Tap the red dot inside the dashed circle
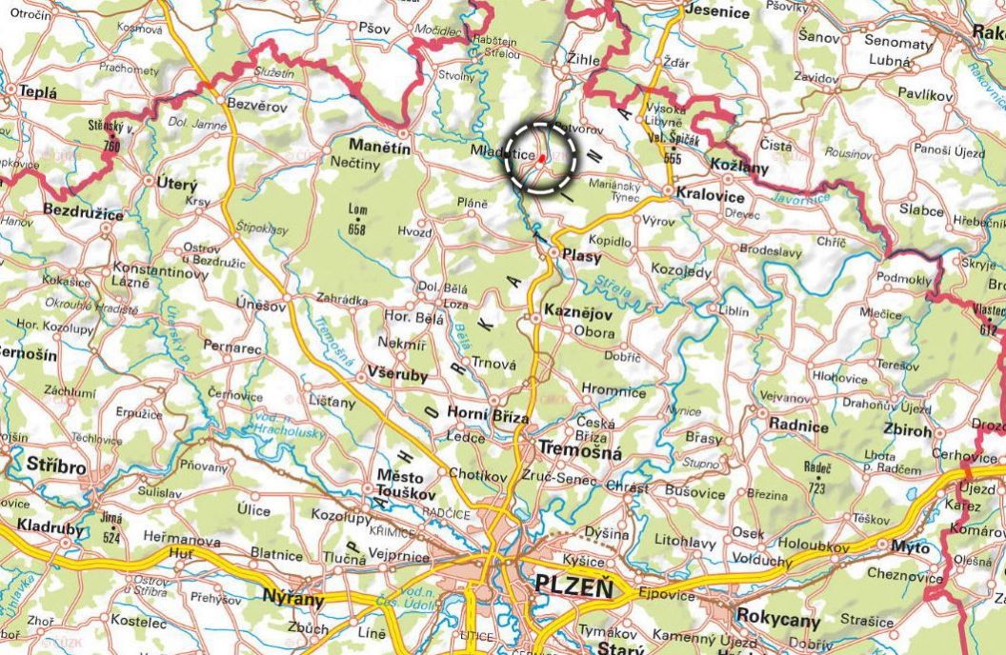[x=541, y=158]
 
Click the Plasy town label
[x=582, y=254]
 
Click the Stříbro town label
[x=56, y=467]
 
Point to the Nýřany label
[x=292, y=600]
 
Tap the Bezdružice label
[x=83, y=213]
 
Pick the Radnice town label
[x=798, y=427]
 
